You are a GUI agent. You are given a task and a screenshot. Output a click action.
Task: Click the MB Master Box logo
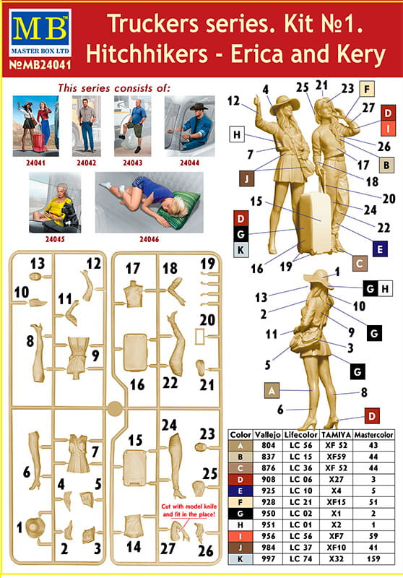40,33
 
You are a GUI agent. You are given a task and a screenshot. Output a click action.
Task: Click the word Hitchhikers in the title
147,53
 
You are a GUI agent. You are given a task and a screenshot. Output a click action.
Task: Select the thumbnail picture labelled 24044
189,126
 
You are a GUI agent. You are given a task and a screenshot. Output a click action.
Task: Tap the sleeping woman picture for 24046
149,202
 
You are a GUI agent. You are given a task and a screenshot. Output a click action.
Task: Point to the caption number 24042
86,163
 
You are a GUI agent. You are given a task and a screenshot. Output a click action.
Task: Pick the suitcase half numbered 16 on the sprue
134,352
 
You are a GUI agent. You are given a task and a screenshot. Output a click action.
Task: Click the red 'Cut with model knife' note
189,510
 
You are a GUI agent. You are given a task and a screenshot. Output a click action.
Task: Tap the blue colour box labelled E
380,249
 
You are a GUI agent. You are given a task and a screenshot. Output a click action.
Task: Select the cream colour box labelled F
367,89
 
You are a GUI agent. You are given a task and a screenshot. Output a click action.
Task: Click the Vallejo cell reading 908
269,479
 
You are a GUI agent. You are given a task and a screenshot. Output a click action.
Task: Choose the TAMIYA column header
336,435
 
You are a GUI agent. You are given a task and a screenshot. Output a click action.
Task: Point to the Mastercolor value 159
373,558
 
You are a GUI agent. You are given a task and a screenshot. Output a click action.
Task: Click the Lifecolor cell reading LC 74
301,558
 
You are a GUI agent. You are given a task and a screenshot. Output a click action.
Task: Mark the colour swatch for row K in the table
240,558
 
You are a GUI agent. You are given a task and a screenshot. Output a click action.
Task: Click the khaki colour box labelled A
272,390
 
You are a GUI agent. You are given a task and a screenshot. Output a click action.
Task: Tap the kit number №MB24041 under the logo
40,65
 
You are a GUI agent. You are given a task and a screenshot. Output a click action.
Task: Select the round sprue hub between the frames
115,408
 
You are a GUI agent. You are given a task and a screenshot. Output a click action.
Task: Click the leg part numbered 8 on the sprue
38,353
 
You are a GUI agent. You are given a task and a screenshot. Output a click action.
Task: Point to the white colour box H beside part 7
237,134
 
